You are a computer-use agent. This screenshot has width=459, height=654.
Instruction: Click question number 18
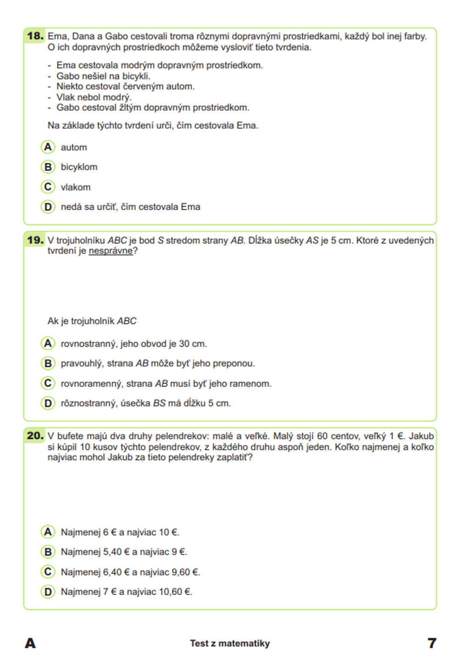(x=35, y=36)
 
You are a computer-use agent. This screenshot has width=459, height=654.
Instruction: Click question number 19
(x=35, y=240)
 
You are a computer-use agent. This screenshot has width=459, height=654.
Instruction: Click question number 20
(x=35, y=435)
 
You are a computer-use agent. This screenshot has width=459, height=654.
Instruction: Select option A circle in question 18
(x=48, y=147)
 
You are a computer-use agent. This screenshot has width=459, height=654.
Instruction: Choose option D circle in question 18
(x=48, y=207)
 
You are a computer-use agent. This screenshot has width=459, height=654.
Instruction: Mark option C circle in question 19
(x=48, y=383)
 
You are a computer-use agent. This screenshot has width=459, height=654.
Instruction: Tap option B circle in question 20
(x=48, y=552)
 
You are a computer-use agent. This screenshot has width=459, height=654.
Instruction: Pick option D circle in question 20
(x=48, y=592)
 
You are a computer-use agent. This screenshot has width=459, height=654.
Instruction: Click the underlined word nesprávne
(x=110, y=251)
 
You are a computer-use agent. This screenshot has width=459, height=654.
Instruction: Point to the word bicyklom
(x=79, y=167)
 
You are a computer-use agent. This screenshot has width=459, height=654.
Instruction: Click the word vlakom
(x=76, y=187)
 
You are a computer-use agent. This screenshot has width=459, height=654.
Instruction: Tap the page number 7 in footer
(x=431, y=643)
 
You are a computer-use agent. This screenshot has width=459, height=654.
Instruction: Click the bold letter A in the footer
(x=30, y=643)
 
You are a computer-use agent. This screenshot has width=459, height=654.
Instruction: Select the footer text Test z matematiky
(x=230, y=643)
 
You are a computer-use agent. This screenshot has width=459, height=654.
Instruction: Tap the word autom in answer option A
(x=74, y=147)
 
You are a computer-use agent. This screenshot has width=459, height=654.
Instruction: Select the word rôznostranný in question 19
(x=89, y=403)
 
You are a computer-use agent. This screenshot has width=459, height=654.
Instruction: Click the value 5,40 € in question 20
(x=117, y=552)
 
